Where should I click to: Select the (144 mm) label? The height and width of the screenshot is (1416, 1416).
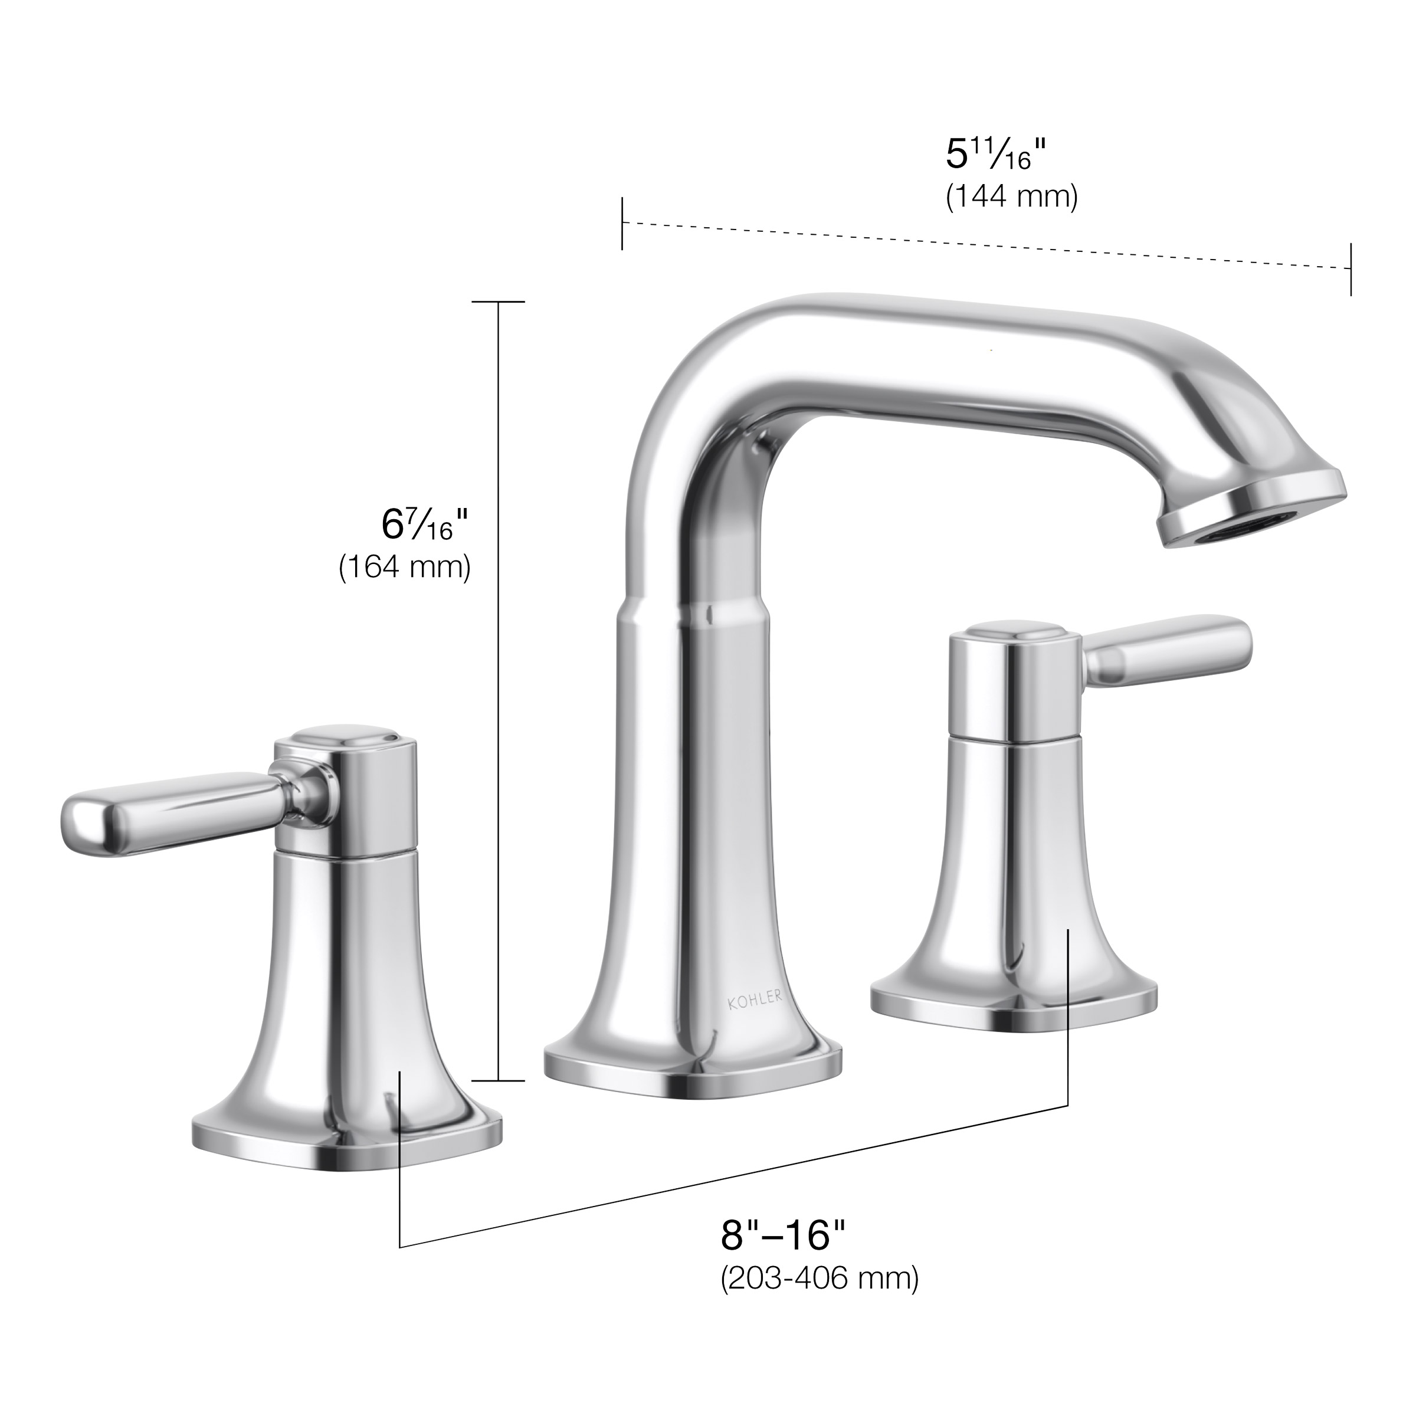1011,197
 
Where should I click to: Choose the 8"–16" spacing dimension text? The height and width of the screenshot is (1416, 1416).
783,1235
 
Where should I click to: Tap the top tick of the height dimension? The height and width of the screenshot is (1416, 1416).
499,302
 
